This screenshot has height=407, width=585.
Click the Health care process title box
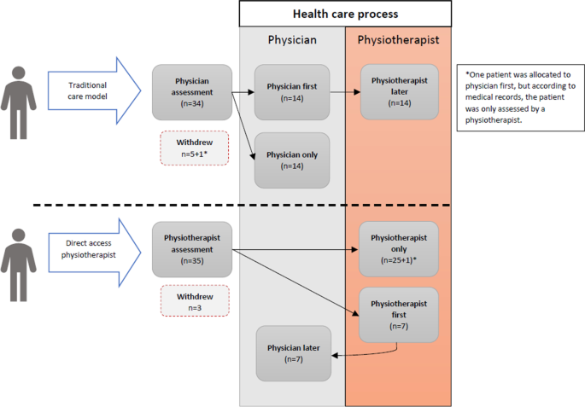coord(345,14)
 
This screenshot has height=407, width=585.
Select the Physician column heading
coord(292,40)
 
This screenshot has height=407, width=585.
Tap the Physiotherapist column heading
coord(398,40)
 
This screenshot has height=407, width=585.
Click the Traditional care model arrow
coord(95,90)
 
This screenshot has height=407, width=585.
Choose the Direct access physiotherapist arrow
coord(95,253)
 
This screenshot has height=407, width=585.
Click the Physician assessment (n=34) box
coord(192,92)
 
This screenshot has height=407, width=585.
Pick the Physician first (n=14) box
coord(292,92)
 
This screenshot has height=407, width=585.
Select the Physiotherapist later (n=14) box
coord(400,92)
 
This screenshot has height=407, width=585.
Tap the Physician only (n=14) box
coord(292,160)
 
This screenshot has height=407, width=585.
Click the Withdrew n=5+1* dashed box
coord(195,148)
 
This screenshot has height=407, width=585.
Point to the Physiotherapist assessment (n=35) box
coord(192,249)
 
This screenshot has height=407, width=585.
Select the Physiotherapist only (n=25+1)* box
coord(399,249)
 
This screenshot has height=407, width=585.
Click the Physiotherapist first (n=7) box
coord(399,315)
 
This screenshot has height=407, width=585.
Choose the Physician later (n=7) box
coord(294,353)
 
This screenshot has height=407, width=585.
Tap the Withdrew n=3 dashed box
coord(195,301)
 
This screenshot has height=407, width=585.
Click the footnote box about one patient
coord(520,97)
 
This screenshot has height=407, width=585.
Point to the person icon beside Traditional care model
coord(18,102)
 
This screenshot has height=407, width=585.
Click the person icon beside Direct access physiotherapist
coord(18,265)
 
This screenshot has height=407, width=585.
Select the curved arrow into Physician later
coord(373,354)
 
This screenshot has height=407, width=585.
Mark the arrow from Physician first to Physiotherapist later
coord(345,92)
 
